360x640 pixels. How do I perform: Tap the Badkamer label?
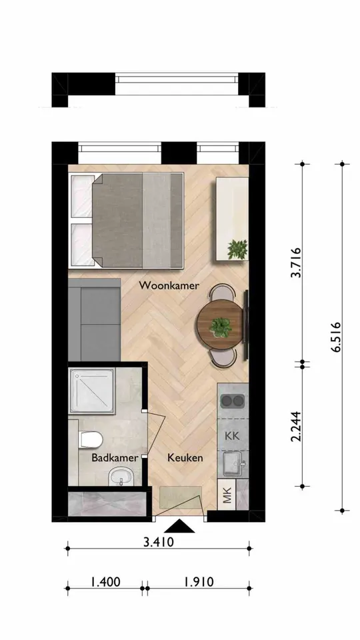pos(115,458)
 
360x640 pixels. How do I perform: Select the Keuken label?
pos(185,458)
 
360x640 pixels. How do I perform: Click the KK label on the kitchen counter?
pos(232,437)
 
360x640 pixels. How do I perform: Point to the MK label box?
pos(227,495)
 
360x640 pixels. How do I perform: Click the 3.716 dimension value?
pos(297,265)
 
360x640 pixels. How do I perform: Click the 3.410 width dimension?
pos(159,542)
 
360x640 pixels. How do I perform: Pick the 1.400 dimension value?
pos(105,581)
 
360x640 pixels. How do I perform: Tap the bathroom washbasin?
pos(121,477)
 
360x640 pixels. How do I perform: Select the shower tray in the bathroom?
pos(93,391)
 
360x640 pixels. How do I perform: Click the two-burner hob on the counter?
pos(232,401)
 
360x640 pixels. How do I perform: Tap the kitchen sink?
pos(232,461)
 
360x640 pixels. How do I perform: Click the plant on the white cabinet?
pos(237,250)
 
